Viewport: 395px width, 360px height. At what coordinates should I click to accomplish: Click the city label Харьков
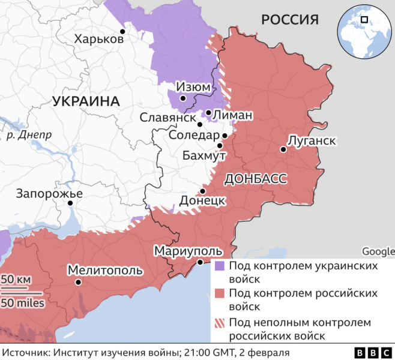(x=99, y=40)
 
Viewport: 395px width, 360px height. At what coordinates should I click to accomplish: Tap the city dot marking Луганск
(x=282, y=149)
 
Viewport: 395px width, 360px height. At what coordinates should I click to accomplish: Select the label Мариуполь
(x=188, y=251)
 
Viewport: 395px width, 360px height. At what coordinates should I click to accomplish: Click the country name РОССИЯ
(x=289, y=20)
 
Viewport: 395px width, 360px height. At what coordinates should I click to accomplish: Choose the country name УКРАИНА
(x=86, y=101)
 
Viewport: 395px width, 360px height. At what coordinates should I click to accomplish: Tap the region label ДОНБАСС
(x=255, y=179)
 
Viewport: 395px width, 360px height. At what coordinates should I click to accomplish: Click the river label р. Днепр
(x=29, y=135)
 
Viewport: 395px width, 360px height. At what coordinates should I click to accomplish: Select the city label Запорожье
(x=49, y=193)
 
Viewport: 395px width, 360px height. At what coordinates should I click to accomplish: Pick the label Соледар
(x=194, y=136)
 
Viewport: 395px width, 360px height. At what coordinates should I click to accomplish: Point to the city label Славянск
(x=168, y=118)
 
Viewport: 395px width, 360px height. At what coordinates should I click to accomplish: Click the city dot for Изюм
(x=183, y=97)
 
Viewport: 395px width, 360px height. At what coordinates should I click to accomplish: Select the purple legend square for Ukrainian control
(x=220, y=265)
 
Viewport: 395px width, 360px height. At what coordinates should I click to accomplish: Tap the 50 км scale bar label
(x=16, y=279)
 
